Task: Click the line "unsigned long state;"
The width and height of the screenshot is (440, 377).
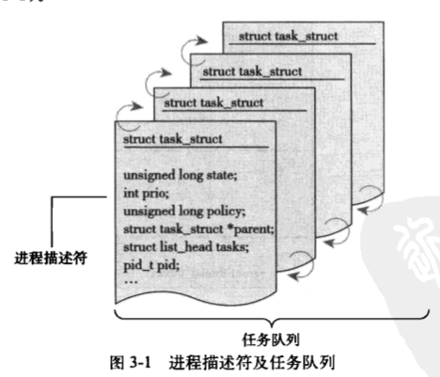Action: (181, 175)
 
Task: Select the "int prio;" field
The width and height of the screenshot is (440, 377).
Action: (146, 194)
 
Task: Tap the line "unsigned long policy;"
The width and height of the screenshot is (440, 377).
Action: (184, 212)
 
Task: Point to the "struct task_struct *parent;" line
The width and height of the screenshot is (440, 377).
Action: (198, 229)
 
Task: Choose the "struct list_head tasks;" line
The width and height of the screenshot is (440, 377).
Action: (186, 247)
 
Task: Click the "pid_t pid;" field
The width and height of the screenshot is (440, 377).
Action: (151, 265)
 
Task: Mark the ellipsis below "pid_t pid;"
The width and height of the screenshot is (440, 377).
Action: (131, 281)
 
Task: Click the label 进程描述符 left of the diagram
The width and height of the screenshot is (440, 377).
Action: (51, 259)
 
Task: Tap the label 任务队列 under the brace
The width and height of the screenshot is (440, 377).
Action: (271, 339)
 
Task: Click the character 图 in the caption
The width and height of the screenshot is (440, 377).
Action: (118, 363)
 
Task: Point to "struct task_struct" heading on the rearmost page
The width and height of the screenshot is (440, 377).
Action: (289, 37)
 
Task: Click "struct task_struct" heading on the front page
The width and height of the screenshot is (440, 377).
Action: (173, 139)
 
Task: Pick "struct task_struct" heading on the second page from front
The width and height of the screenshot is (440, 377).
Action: (213, 102)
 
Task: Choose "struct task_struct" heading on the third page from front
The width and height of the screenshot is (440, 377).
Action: (252, 71)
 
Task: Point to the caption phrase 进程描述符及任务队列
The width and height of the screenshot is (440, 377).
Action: (252, 363)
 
